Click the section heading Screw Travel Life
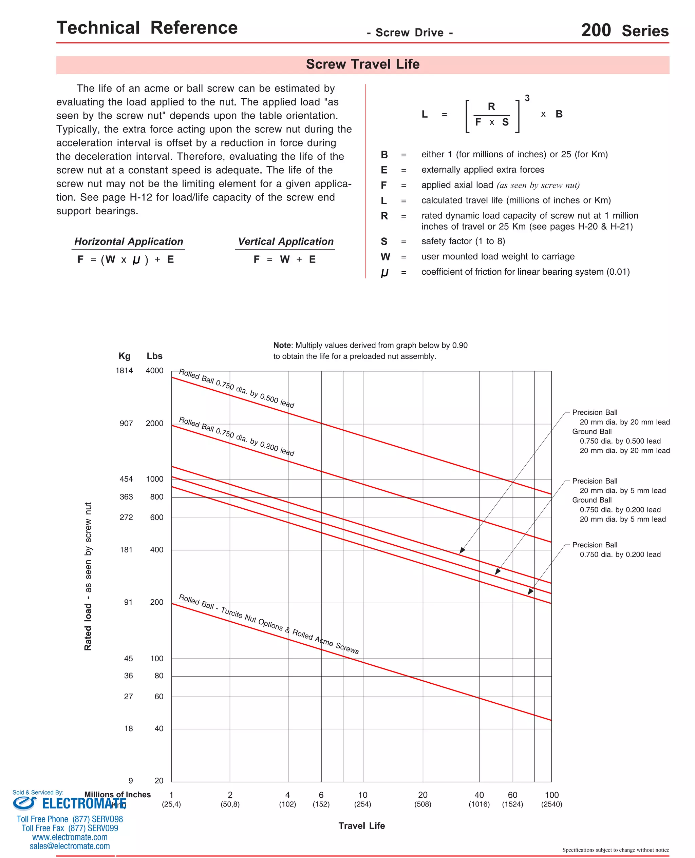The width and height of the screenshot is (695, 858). [x=362, y=64]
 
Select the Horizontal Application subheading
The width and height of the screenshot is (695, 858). [x=129, y=241]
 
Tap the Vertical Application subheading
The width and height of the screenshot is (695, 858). [x=285, y=241]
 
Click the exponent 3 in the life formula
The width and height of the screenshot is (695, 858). [x=527, y=98]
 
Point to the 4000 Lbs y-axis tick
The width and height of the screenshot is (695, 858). [x=154, y=371]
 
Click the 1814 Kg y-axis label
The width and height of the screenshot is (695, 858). [x=124, y=371]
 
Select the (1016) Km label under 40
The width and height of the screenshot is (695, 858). [x=479, y=804]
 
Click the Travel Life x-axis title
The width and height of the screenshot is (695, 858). [x=361, y=825]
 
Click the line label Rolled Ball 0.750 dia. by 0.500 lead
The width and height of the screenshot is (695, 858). [x=236, y=388]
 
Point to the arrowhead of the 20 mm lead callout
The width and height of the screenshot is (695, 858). [x=462, y=551]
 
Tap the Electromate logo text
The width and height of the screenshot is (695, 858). [x=84, y=803]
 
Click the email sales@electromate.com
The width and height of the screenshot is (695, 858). [x=70, y=846]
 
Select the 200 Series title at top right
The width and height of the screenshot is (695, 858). [x=624, y=31]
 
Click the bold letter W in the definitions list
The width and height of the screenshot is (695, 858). [x=385, y=257]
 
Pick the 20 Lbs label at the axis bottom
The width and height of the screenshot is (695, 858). [x=158, y=780]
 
